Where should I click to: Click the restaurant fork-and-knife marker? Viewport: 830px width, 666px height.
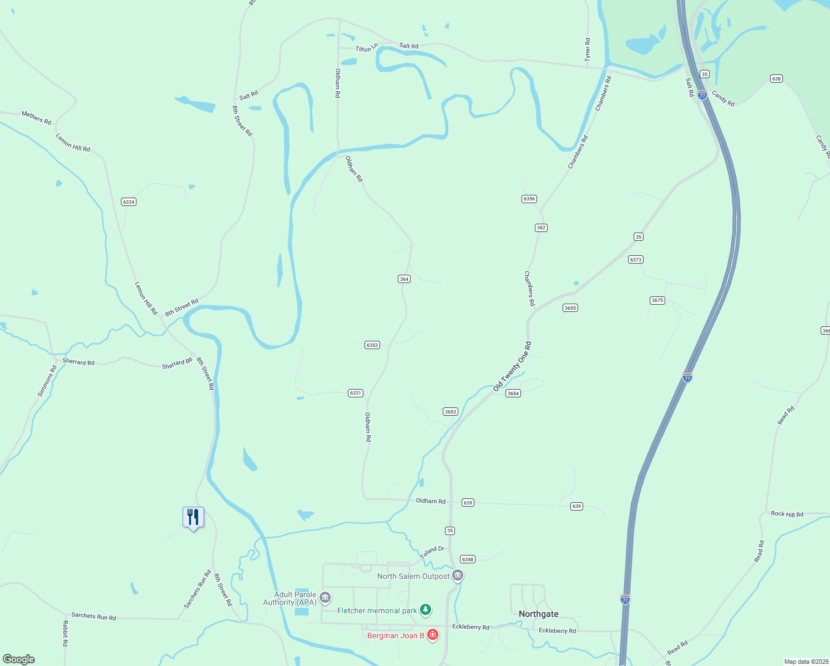tap(193, 517)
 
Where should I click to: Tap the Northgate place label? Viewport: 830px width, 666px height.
tap(538, 614)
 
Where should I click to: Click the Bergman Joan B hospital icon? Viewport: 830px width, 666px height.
tap(433, 635)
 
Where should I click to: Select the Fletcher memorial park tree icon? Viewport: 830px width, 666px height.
tap(426, 610)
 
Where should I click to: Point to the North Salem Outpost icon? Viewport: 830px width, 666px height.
tap(458, 576)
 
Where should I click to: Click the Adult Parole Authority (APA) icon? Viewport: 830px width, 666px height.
tap(326, 598)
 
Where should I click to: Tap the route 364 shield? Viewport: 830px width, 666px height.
tap(404, 279)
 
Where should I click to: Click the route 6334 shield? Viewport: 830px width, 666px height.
tap(129, 202)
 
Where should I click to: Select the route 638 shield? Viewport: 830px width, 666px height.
tap(776, 79)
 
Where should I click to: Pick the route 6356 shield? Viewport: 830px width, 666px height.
tap(529, 199)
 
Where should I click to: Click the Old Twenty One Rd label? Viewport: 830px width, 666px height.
tap(512, 367)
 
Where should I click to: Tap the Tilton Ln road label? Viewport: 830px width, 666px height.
tap(367, 48)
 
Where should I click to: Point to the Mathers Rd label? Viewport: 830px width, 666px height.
tap(37, 118)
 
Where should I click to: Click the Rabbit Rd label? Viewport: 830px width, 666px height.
tap(65, 633)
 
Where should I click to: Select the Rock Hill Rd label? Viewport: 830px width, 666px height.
tap(787, 514)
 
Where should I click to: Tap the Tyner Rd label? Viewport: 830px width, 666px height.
tap(588, 49)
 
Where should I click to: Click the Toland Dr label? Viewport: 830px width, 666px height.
tap(432, 552)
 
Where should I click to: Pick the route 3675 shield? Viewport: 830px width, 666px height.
tap(657, 300)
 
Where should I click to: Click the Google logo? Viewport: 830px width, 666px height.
tap(19, 659)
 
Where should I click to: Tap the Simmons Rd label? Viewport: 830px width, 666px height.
tap(47, 381)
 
